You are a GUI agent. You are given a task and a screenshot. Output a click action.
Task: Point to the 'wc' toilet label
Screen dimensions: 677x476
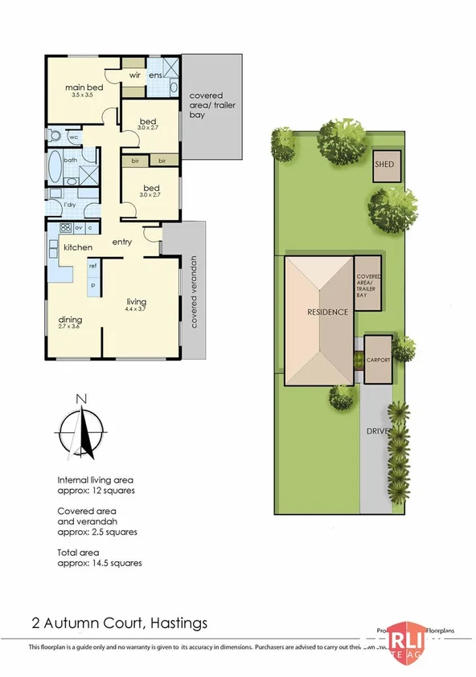[72, 137]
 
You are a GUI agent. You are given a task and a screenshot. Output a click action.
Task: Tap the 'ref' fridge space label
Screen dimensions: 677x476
[93, 266]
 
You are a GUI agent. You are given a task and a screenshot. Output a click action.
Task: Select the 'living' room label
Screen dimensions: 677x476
[135, 302]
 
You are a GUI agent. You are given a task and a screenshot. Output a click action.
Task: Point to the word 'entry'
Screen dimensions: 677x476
[122, 243]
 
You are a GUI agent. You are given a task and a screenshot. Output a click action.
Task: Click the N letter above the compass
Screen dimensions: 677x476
[80, 398]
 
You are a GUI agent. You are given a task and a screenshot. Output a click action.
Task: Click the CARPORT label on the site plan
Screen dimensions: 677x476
[378, 361]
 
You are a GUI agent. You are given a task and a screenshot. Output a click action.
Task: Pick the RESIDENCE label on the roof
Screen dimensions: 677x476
[326, 312]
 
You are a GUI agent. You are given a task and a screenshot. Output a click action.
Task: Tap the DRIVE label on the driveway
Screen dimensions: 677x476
[377, 431]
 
